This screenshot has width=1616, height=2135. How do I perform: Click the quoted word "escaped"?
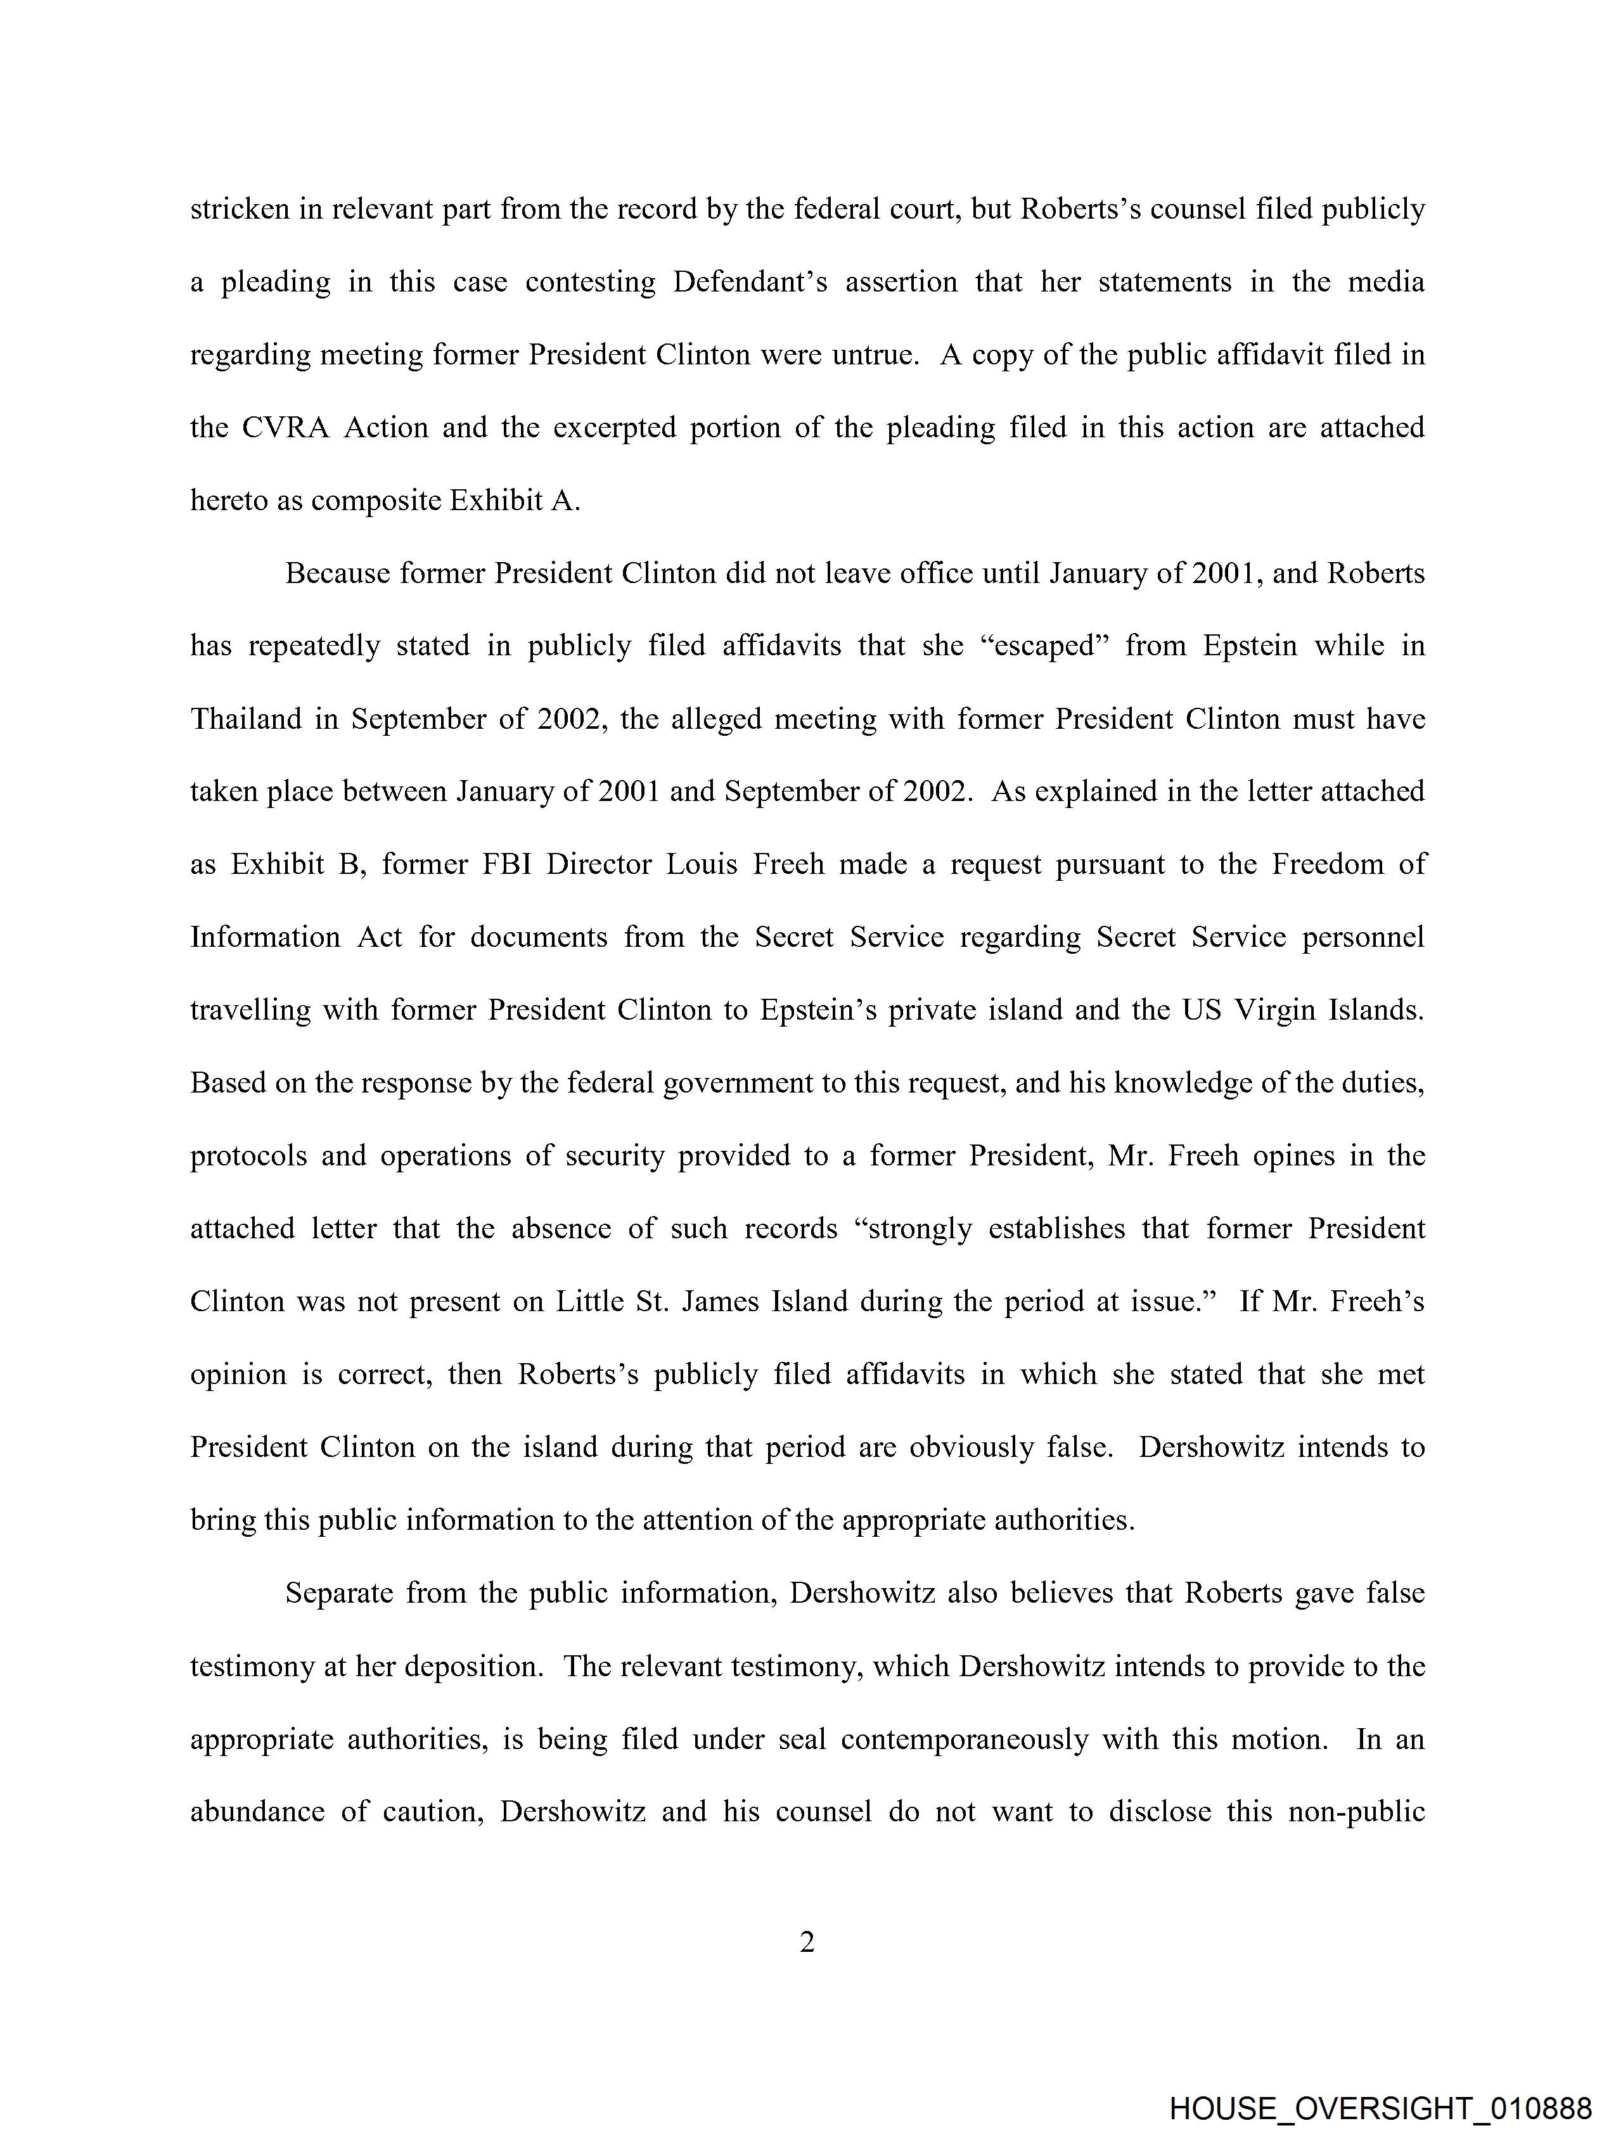(1044, 646)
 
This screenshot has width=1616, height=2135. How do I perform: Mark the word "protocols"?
(248, 1157)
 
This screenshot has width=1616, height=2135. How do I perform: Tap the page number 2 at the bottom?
(807, 1942)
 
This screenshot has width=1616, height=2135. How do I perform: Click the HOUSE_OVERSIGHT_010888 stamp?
(1380, 2108)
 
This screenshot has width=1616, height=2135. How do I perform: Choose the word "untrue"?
(859, 355)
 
